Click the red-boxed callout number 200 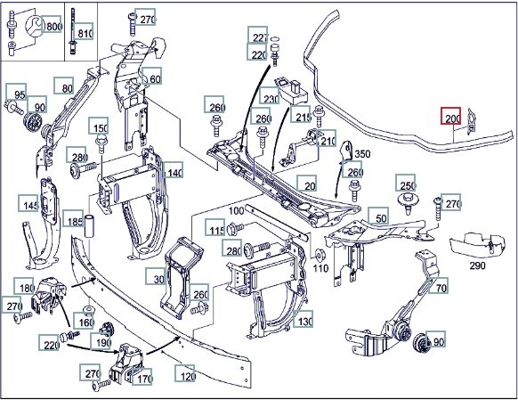pos(451,116)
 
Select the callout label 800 pos(53,25)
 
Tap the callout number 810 pos(85,32)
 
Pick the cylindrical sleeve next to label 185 pos(91,225)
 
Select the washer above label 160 pos(88,310)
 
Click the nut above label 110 pos(320,255)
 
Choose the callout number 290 pos(477,265)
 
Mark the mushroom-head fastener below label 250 pos(409,202)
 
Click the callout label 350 pos(362,154)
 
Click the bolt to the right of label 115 pos(236,227)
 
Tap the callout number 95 pos(17,93)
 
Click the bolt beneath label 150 pos(100,144)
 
